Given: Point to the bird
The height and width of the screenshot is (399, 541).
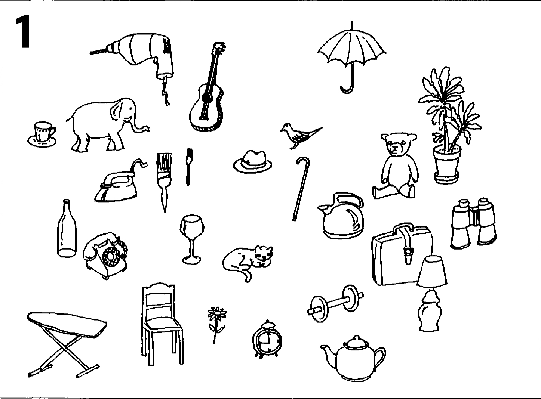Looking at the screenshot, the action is [x=299, y=136].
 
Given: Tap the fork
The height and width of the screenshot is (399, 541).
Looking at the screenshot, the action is [x=188, y=167].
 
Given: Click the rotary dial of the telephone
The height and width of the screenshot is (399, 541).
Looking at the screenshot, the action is [x=111, y=257].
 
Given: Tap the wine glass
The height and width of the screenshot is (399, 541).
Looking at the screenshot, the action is [x=192, y=239].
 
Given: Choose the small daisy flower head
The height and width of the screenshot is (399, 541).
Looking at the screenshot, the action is [x=217, y=314].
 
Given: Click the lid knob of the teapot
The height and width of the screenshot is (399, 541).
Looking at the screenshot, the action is [x=356, y=338].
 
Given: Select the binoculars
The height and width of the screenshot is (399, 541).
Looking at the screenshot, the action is [x=473, y=223].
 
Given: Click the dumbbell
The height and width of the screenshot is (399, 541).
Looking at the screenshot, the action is [x=336, y=304].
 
